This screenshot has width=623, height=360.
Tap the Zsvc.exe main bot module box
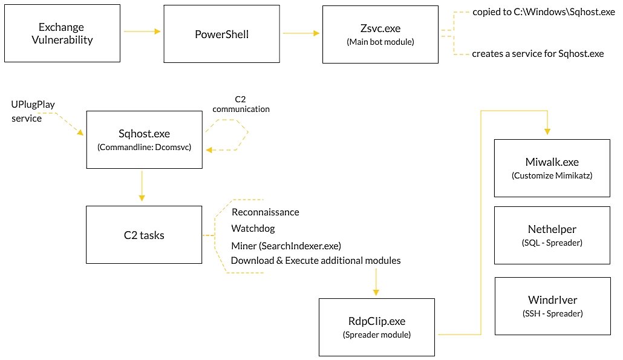click(380, 34)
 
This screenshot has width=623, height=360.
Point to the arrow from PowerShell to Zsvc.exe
click(300, 33)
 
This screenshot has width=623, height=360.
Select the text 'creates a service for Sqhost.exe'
click(538, 54)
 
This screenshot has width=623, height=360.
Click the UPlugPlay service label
click(33, 111)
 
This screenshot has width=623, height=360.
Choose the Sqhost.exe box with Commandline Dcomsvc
click(143, 140)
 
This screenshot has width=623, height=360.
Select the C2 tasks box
click(143, 235)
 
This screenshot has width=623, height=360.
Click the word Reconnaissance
click(265, 212)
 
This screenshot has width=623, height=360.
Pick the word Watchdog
click(253, 229)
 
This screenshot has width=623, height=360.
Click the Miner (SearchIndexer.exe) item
click(286, 245)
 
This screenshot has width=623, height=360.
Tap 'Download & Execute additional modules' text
click(316, 261)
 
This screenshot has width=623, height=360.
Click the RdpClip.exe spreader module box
click(377, 326)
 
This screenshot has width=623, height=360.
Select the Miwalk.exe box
click(552, 168)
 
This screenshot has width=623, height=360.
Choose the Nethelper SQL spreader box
click(552, 235)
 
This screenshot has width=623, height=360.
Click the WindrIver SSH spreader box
click(552, 306)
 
